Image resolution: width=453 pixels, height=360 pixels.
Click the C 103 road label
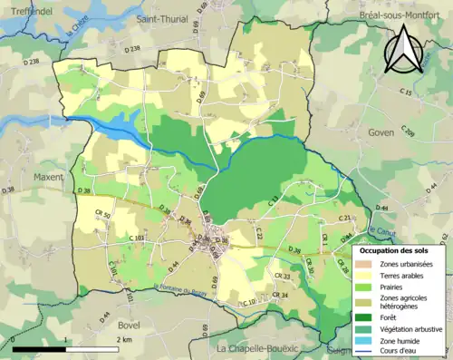[137, 238]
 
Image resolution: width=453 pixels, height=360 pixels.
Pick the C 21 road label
[345, 219]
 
